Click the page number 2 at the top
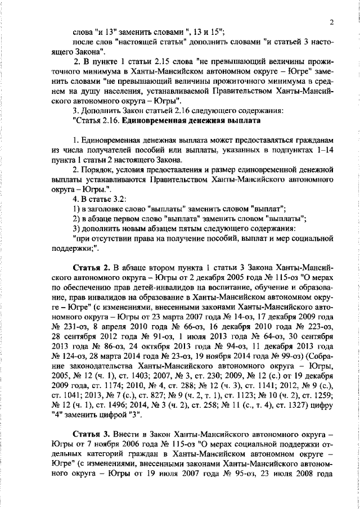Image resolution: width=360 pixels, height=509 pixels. (x=332, y=22)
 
